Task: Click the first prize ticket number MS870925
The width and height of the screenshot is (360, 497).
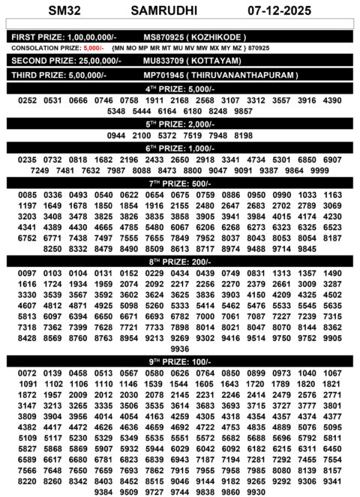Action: pyautogui.click(x=165, y=37)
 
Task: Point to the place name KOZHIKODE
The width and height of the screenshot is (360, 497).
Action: pyautogui.click(x=217, y=37)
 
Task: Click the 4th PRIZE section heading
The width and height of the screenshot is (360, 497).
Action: pyautogui.click(x=179, y=88)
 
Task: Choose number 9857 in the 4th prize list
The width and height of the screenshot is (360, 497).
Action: pyautogui.click(x=243, y=111)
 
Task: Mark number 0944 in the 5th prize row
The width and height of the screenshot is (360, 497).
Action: pyautogui.click(x=117, y=136)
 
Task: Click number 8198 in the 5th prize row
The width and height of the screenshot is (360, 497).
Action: pyautogui.click(x=243, y=136)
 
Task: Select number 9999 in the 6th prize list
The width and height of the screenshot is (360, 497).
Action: pyautogui.click(x=319, y=171)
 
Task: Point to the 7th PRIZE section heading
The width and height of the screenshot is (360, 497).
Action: pyautogui.click(x=179, y=184)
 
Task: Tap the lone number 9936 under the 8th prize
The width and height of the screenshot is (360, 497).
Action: pyautogui.click(x=180, y=349)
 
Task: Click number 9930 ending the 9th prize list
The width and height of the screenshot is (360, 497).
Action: pyautogui.click(x=256, y=492)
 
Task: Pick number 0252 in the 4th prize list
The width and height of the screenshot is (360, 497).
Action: pyautogui.click(x=27, y=100)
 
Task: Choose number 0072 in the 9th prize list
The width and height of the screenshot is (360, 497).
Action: pyautogui.click(x=27, y=373)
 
